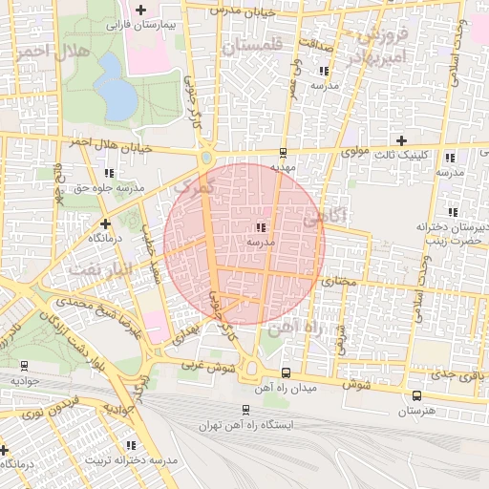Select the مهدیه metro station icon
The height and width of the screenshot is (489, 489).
283,152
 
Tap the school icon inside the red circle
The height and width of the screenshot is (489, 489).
261,227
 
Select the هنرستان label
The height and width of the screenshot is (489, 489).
415,410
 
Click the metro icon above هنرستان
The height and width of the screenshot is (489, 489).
416,394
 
